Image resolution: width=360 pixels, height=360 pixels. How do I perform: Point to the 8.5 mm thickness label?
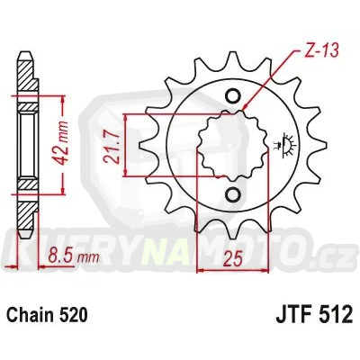[x=64, y=255]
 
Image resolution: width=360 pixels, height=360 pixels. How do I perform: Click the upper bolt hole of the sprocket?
[x=232, y=97]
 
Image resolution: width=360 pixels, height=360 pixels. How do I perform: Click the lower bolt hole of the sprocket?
[x=232, y=195]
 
